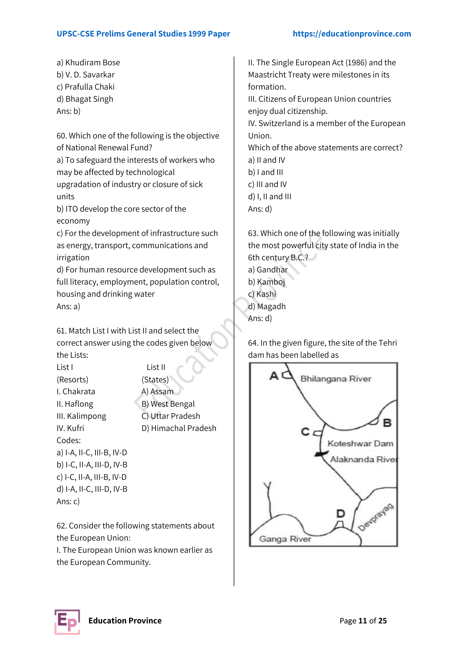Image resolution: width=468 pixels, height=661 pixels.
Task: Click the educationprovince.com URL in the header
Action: tap(352, 34)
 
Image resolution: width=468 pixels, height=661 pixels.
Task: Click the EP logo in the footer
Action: tap(67, 621)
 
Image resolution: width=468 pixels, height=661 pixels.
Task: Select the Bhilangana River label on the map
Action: tap(336, 379)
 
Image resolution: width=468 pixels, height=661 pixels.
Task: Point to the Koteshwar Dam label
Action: tap(360, 443)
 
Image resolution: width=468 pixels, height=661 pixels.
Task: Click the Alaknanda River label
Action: tap(364, 459)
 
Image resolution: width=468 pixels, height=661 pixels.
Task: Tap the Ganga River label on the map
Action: tap(285, 539)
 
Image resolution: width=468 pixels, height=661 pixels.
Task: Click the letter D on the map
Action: tap(341, 513)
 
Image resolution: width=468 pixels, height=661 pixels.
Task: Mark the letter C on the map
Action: tap(305, 432)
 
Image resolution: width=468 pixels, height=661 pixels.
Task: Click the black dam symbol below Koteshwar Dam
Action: tap(319, 454)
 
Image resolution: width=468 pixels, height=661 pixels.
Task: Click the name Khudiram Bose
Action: tap(92, 62)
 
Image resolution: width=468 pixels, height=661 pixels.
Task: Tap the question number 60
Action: tap(61, 136)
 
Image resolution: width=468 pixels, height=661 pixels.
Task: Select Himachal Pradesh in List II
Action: tap(183, 428)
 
